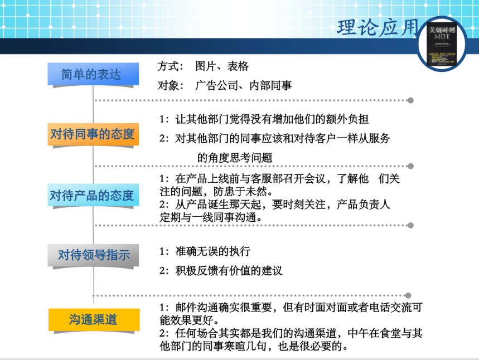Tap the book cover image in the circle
coord(442,45)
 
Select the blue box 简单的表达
coord(92,74)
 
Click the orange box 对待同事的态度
coord(92,134)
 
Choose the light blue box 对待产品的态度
coord(92,195)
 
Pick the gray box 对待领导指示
coord(93,255)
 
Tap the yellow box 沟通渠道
coord(93,319)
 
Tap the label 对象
coord(170,86)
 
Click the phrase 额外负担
coord(346,119)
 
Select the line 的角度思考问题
coord(235,158)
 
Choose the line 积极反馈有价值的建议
coord(229,271)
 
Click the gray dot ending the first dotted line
coord(410,100)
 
